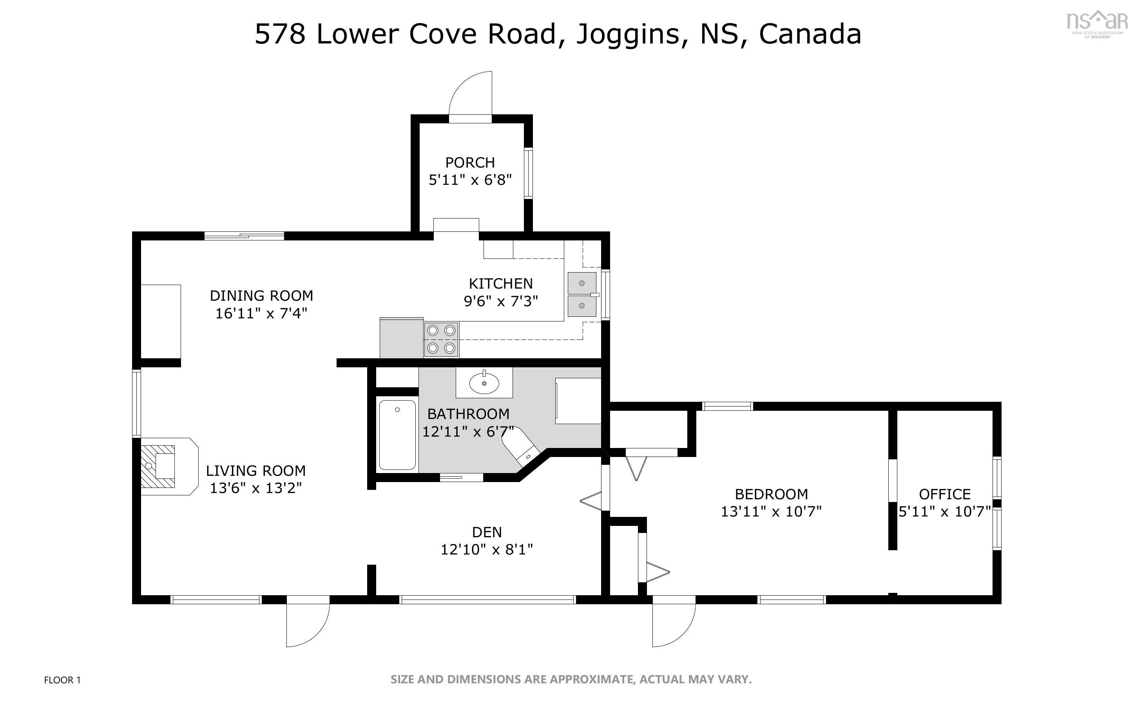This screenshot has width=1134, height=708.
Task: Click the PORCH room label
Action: pyautogui.click(x=470, y=163)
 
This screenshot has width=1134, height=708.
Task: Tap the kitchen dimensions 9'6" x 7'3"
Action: pyautogui.click(x=501, y=301)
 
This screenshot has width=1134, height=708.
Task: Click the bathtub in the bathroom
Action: pyautogui.click(x=397, y=435)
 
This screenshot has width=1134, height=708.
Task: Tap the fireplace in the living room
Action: pyautogui.click(x=164, y=466)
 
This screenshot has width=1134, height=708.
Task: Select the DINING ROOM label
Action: pyautogui.click(x=261, y=296)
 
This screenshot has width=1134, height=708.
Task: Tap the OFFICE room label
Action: pyautogui.click(x=944, y=494)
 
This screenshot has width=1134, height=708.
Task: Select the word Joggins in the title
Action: pyautogui.click(x=627, y=34)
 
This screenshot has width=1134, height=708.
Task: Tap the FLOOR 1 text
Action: pyautogui.click(x=62, y=680)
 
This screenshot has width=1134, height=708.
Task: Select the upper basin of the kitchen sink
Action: pyautogui.click(x=582, y=283)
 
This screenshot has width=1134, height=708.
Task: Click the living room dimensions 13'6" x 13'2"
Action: pyautogui.click(x=255, y=488)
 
